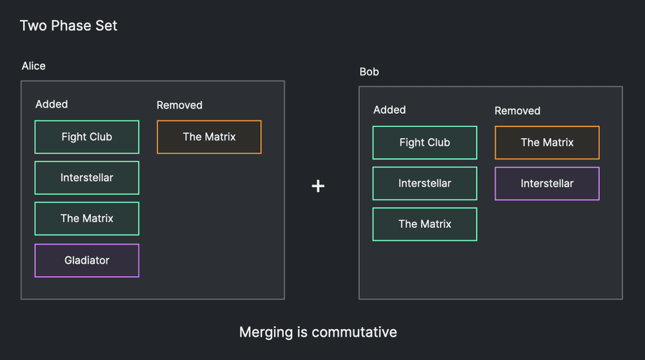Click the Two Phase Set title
coord(68,26)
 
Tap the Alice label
coord(34,66)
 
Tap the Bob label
coord(369,72)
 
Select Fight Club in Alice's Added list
coord(87,137)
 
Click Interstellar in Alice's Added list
coord(87,177)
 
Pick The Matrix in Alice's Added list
coord(87,219)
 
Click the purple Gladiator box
coord(87,261)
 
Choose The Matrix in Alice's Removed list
coord(209,137)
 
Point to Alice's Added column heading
coord(52,104)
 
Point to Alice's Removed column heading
coord(179,105)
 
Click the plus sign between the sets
coord(318,186)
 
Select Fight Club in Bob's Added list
coord(425,143)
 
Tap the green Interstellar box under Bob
coord(425,183)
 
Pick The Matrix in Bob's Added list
coord(425,225)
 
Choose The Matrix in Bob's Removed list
coord(547,143)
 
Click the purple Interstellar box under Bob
coord(547,183)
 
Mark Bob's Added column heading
coord(390,110)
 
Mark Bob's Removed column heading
coord(517,111)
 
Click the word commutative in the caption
coord(354,332)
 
